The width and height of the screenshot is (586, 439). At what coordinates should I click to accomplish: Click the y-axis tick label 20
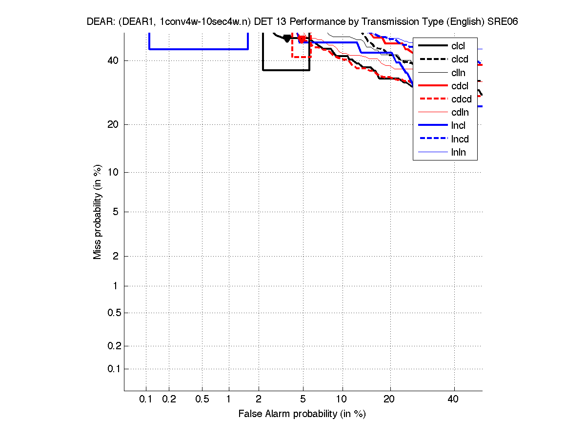pyautogui.click(x=113, y=124)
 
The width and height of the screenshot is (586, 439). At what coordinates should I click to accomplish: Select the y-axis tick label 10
pyautogui.click(x=113, y=172)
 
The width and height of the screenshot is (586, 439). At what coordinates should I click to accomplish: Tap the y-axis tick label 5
pyautogui.click(x=116, y=212)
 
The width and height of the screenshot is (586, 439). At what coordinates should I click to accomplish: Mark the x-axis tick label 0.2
pyautogui.click(x=169, y=399)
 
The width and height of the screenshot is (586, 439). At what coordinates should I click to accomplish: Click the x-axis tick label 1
pyautogui.click(x=228, y=399)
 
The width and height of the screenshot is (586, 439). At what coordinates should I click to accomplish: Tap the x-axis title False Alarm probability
pyautogui.click(x=302, y=414)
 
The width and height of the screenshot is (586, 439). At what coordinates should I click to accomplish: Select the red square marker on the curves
pyautogui.click(x=302, y=39)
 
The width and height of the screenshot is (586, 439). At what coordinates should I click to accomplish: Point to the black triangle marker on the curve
pyautogui.click(x=287, y=39)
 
